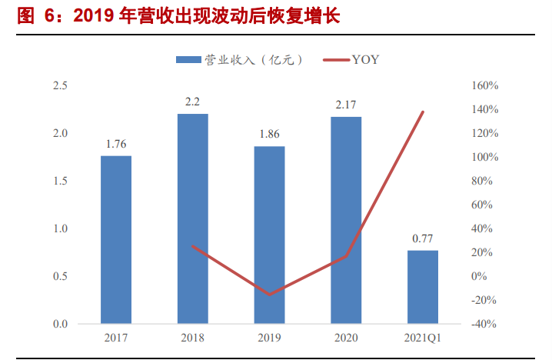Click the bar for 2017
(x=116, y=239)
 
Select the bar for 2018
(x=192, y=218)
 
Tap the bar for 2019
(x=269, y=235)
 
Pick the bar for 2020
(x=346, y=220)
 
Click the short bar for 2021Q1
(x=423, y=287)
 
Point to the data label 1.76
(x=116, y=144)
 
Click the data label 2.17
(x=346, y=105)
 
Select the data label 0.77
(x=423, y=238)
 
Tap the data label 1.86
(x=269, y=134)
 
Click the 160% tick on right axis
(x=484, y=85)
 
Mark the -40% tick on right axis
(x=484, y=324)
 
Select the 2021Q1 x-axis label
(x=423, y=337)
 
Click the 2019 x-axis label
(x=269, y=337)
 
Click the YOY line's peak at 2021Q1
(x=423, y=112)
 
